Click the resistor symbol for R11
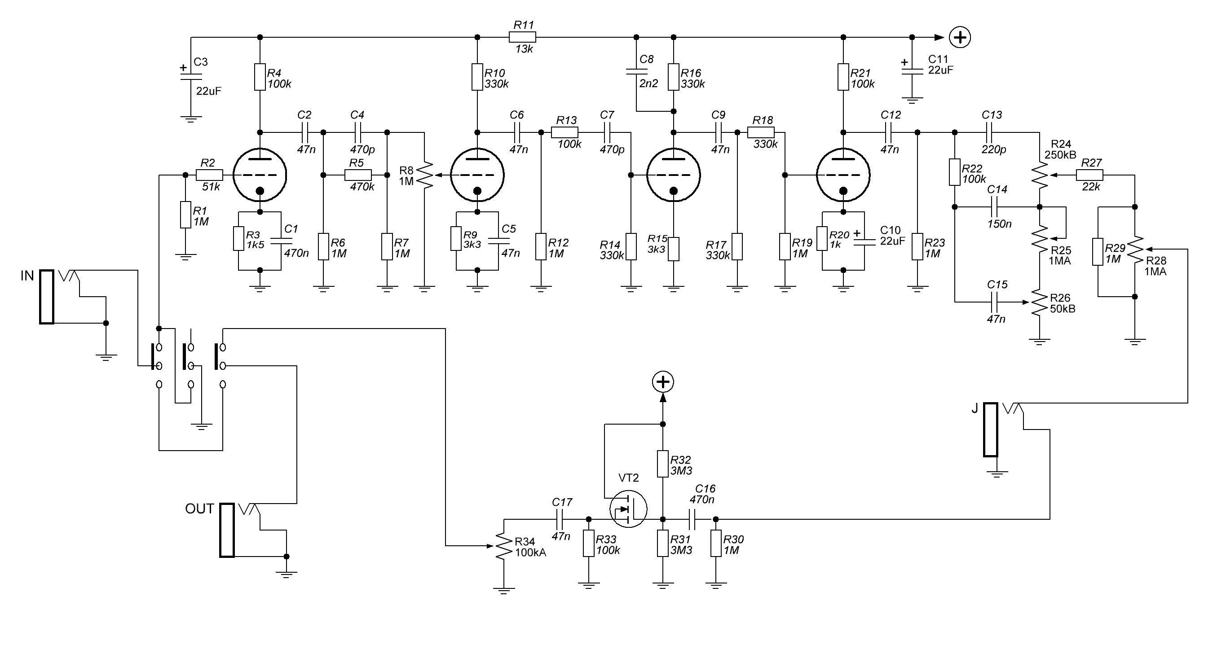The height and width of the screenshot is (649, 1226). (x=522, y=37)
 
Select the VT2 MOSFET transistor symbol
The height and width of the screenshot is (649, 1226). (x=628, y=509)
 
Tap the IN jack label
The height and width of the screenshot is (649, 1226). (x=27, y=276)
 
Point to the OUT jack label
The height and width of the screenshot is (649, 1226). (x=199, y=509)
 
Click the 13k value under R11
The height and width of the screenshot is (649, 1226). (x=524, y=49)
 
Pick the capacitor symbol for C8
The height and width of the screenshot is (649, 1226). (x=636, y=71)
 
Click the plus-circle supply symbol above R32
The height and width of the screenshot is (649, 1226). (x=662, y=382)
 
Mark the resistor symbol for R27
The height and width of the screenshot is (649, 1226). (x=1089, y=175)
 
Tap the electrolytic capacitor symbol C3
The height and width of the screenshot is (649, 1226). (x=191, y=76)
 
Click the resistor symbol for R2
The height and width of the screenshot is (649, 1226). (x=209, y=175)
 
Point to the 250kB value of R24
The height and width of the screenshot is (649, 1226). (x=1060, y=155)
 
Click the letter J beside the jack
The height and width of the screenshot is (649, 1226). (x=974, y=408)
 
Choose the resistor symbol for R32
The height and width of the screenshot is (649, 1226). (x=662, y=464)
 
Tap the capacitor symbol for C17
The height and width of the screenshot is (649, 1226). (x=560, y=519)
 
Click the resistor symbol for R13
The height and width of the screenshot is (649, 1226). (x=565, y=132)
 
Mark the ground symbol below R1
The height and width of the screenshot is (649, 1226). (x=185, y=258)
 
